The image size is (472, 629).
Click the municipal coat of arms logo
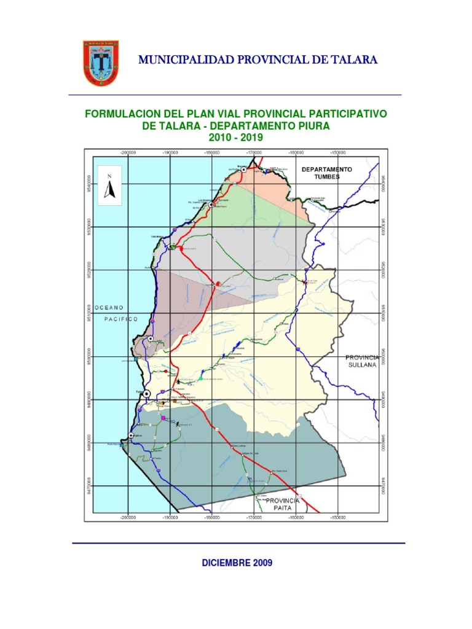pyautogui.click(x=100, y=63)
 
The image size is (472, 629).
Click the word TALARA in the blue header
pyautogui.click(x=349, y=60)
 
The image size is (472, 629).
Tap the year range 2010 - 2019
pyautogui.click(x=236, y=138)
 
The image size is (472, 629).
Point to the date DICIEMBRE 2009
pyautogui.click(x=237, y=563)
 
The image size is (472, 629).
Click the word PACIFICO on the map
pyautogui.click(x=121, y=319)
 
